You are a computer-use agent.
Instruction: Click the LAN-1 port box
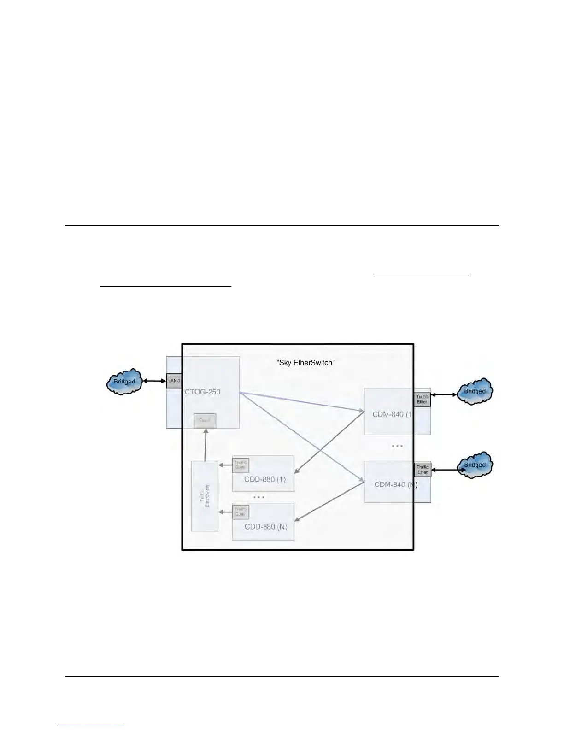coord(174,381)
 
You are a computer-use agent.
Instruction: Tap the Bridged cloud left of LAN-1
coord(124,382)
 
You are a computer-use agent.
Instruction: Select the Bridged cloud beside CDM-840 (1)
coord(475,391)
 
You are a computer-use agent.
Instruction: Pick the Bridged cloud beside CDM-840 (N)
coord(475,465)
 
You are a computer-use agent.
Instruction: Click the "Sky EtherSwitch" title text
coord(305,363)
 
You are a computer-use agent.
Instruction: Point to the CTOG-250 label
coord(202,392)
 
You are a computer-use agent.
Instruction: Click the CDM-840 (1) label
coord(392,414)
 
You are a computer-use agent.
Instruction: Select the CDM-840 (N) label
coord(396,484)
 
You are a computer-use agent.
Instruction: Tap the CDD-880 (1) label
coord(265,479)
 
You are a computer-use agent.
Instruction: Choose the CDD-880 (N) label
coord(266,527)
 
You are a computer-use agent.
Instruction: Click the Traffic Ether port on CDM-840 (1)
coord(422,399)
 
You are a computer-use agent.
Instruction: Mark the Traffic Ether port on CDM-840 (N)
coord(423,470)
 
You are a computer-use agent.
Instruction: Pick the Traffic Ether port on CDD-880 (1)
coord(241,465)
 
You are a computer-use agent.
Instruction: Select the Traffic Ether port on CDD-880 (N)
coord(241,512)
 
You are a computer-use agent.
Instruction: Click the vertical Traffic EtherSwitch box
coord(205,496)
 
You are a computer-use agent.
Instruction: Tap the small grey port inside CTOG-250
coord(205,421)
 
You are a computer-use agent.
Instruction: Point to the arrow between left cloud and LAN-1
coord(154,381)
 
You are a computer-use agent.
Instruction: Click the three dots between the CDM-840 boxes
coord(397,446)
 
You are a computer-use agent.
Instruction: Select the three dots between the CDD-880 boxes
coord(259,497)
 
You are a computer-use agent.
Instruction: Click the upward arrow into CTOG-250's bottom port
coord(205,445)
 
